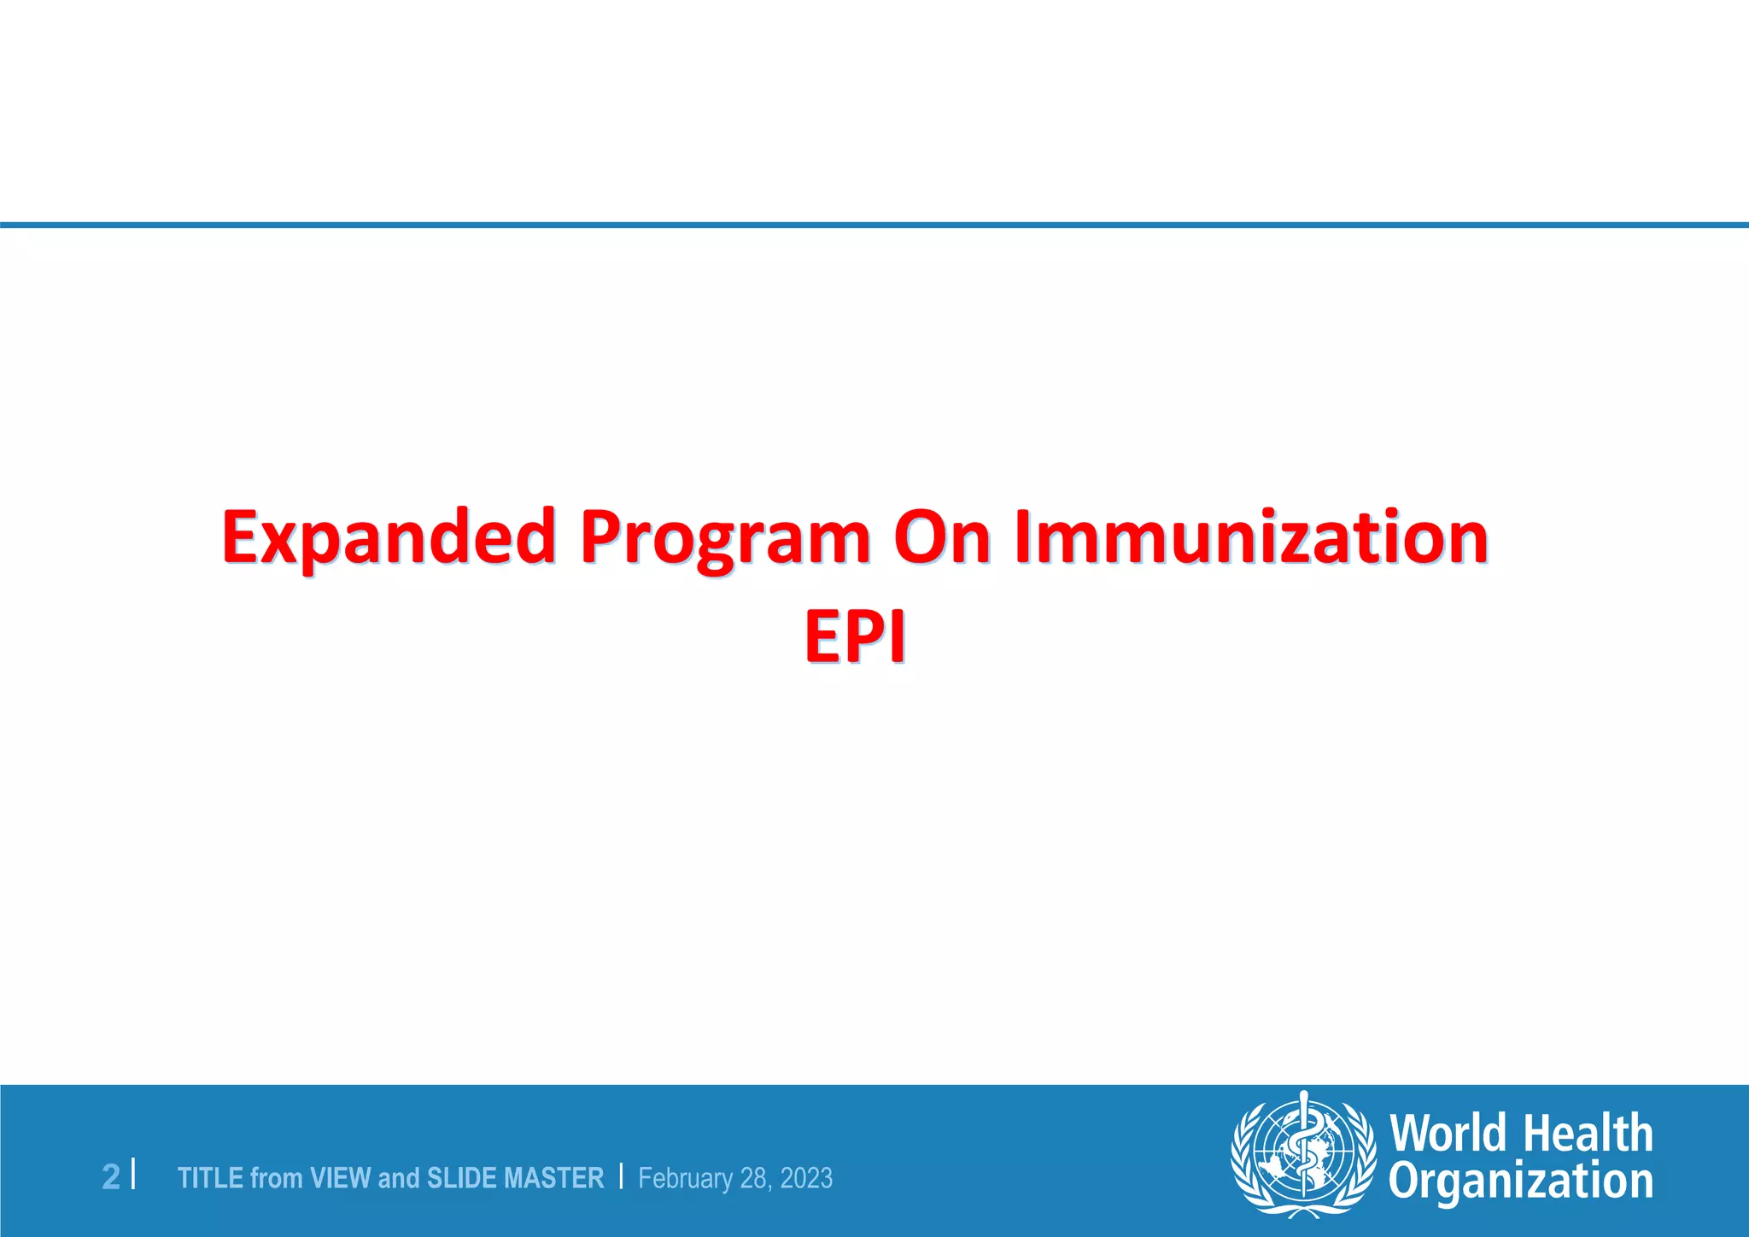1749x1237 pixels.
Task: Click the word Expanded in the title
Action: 389,538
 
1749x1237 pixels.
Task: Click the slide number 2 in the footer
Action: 111,1177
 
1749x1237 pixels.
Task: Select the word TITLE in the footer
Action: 211,1178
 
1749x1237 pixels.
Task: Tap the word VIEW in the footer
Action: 341,1178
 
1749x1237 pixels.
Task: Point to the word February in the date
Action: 685,1178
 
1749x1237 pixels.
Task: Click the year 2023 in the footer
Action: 806,1178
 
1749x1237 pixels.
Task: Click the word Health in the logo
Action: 1588,1134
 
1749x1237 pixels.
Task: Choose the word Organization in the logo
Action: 1520,1181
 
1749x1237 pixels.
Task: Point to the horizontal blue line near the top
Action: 874,226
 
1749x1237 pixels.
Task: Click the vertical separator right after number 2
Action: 133,1175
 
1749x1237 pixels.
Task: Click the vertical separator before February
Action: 621,1176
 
